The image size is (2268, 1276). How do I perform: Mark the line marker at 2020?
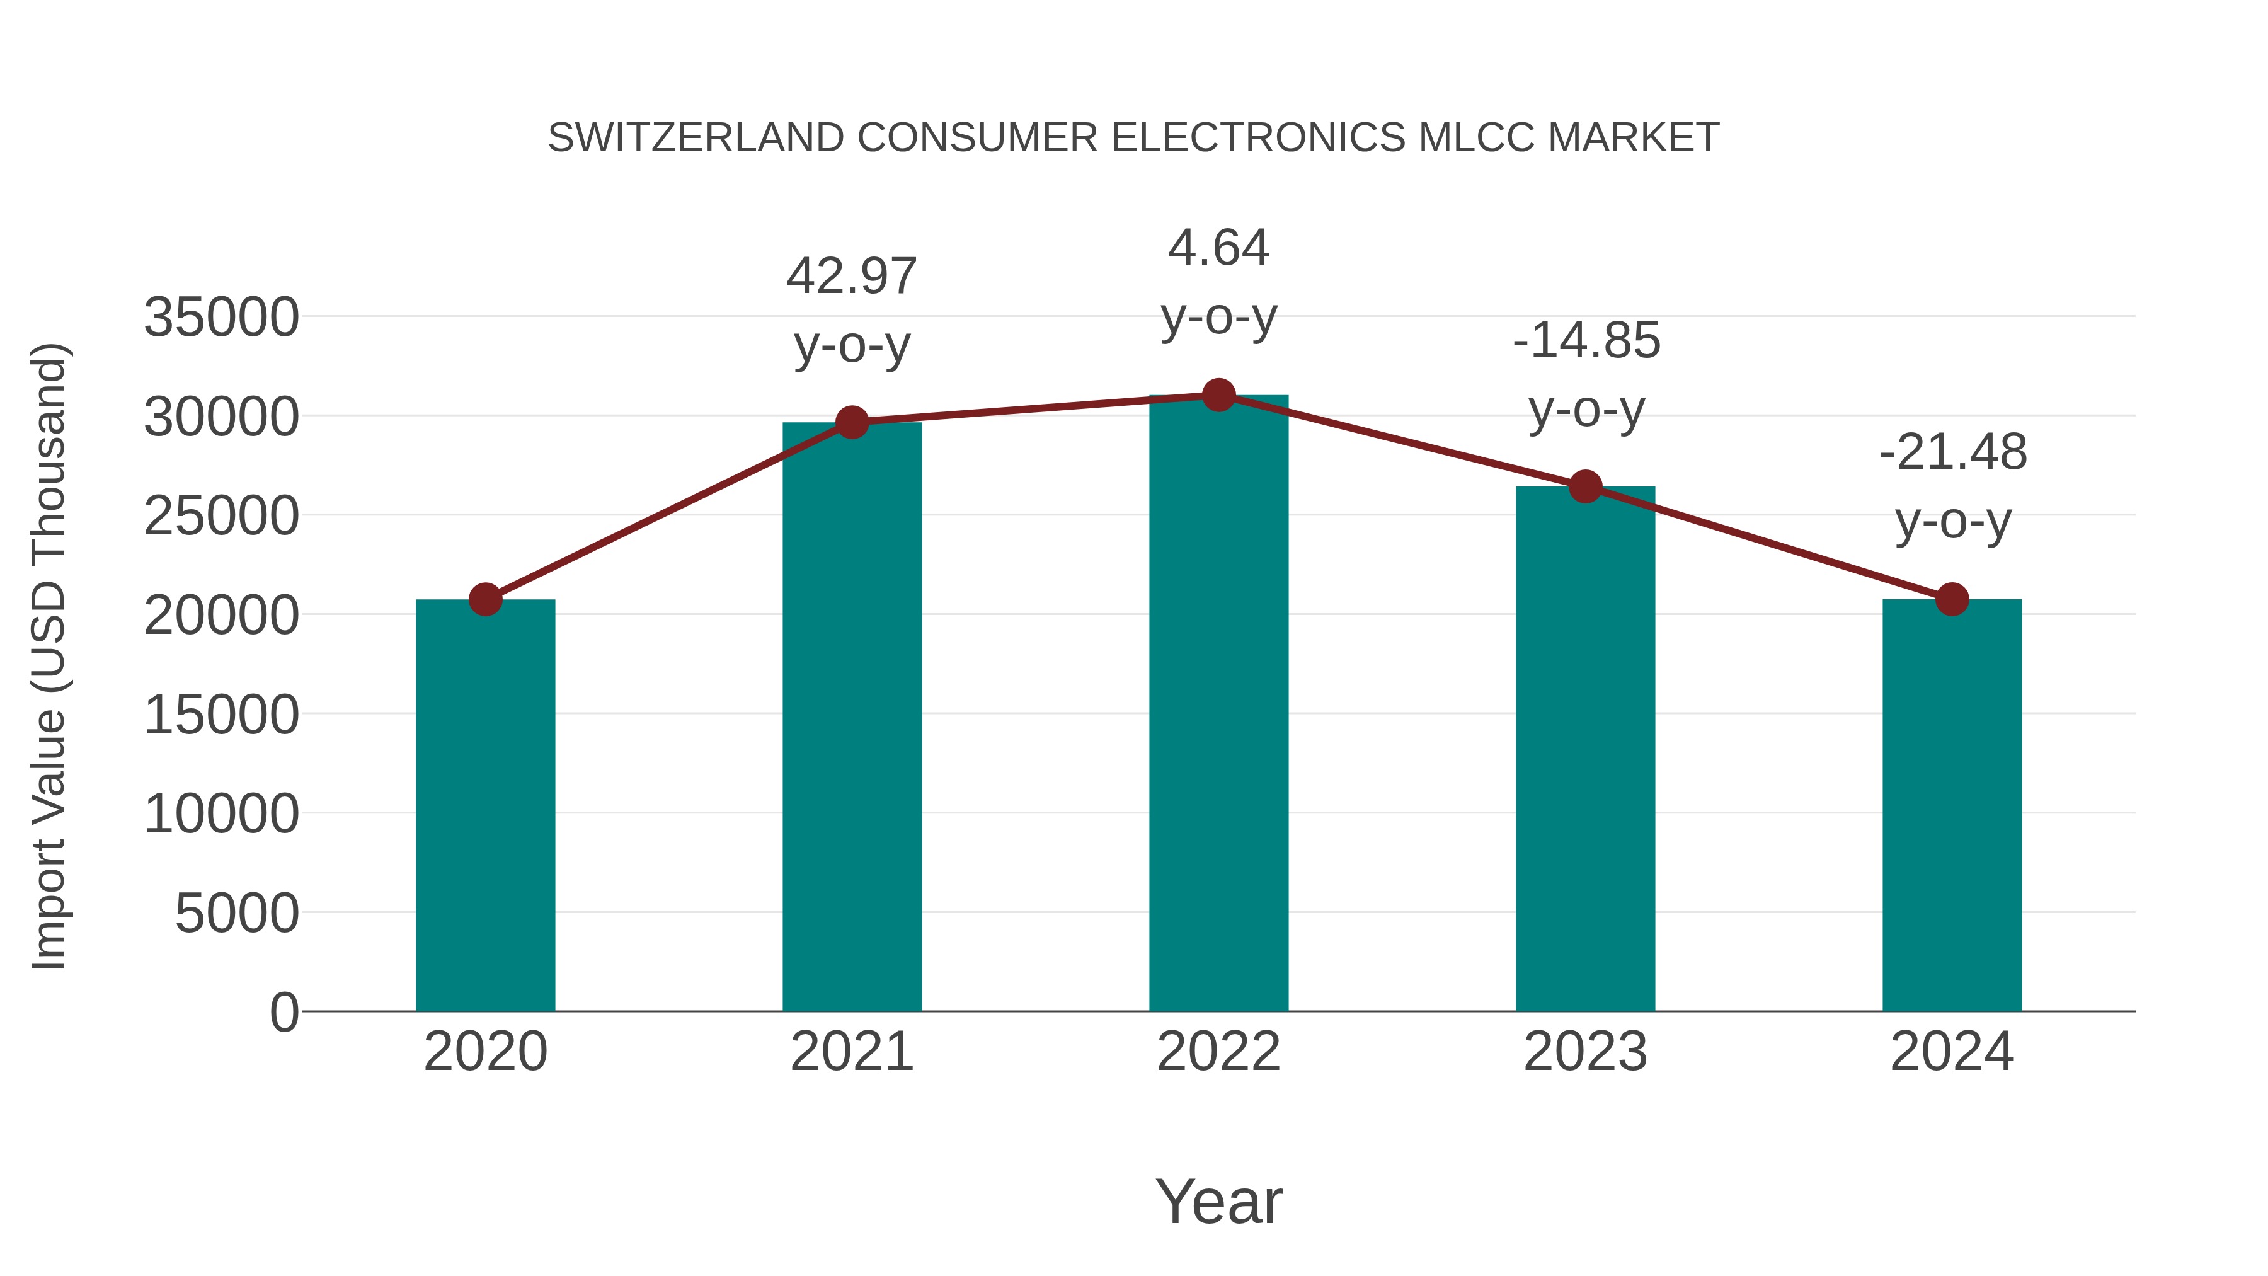(485, 600)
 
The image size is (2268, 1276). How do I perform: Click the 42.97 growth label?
(851, 277)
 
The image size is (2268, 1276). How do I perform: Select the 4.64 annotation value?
(1218, 248)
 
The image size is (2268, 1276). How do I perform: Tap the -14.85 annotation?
(1586, 341)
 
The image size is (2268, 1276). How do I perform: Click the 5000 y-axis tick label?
(237, 913)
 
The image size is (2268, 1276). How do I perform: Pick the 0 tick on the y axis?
(283, 1013)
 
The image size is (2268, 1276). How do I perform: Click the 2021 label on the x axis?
(851, 1052)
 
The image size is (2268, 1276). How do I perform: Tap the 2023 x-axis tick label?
(1585, 1052)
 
